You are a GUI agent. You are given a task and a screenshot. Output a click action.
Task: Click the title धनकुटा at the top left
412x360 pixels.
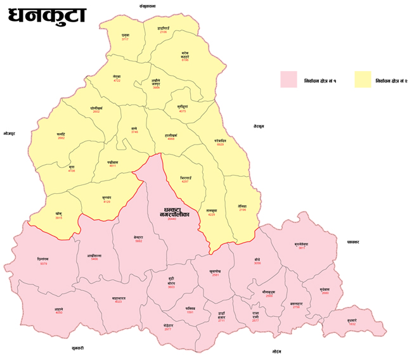(x=48, y=16)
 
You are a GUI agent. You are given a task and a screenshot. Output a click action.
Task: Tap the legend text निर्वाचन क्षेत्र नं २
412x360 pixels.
(x=394, y=82)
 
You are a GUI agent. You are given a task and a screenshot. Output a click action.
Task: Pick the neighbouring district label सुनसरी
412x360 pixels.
(x=78, y=348)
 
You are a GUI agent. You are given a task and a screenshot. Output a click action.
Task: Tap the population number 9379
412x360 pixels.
(x=43, y=264)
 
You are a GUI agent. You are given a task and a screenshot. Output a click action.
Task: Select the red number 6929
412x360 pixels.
(x=220, y=145)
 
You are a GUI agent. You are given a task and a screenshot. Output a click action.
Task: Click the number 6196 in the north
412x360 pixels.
(x=185, y=60)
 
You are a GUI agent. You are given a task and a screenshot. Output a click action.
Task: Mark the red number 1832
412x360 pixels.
(x=352, y=324)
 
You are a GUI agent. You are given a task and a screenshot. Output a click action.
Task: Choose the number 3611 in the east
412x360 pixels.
(x=302, y=248)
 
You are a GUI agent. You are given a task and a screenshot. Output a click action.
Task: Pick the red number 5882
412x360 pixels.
(x=139, y=241)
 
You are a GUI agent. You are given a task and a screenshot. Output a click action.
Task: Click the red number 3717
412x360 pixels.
(x=125, y=39)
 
